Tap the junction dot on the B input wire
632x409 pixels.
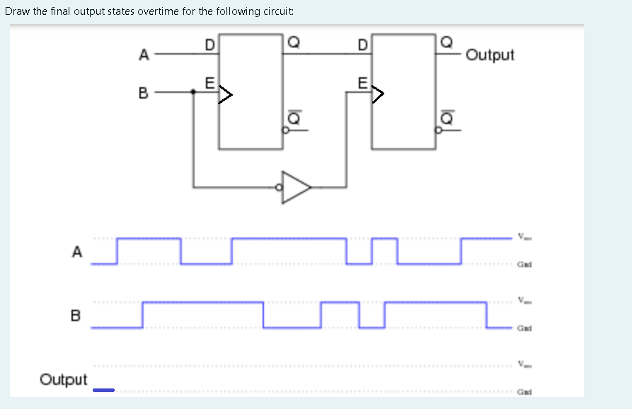[x=194, y=91]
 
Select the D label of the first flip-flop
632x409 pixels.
[x=209, y=45]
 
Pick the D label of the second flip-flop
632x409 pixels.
[x=362, y=45]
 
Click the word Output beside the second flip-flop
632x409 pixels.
[x=490, y=55]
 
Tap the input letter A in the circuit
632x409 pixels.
[x=144, y=53]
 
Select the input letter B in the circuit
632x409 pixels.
[x=144, y=92]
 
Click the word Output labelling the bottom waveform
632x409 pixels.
[x=64, y=380]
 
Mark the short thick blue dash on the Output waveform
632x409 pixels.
[x=103, y=390]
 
